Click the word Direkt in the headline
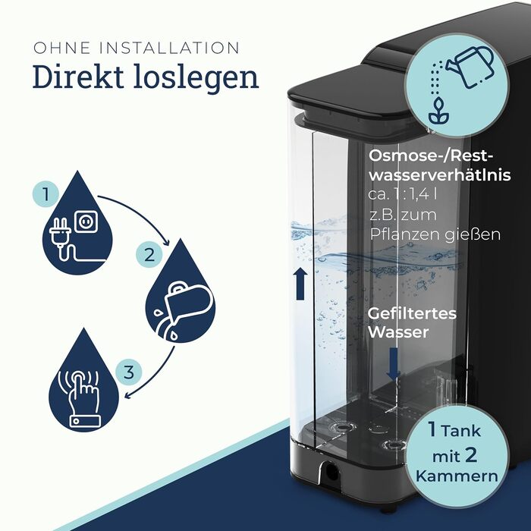tap(78, 77)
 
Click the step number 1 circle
tap(46, 194)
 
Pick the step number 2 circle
tap(149, 255)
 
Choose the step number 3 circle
tap(129, 372)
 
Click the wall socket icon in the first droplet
tap(86, 222)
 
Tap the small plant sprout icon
tap(438, 111)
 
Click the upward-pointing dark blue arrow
tap(300, 284)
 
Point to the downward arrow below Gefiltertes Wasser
tap(394, 363)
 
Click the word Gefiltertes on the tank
tap(412, 313)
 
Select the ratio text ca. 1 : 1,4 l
tap(402, 194)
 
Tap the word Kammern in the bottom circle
tap(457, 476)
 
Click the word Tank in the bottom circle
tap(461, 431)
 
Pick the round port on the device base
tap(330, 471)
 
